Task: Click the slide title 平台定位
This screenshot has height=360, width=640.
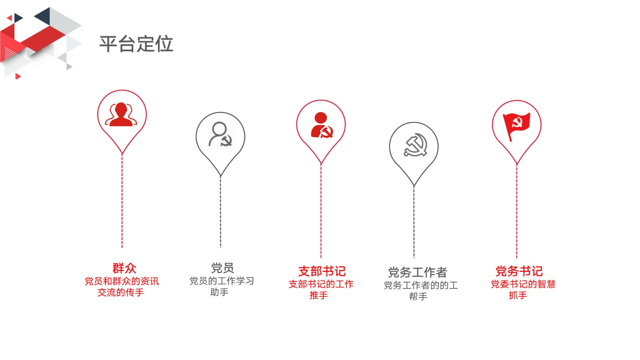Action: point(136,44)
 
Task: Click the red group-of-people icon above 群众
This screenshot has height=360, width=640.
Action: point(121,114)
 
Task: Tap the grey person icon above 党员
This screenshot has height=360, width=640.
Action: point(220,134)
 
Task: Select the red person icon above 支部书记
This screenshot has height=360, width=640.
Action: point(322,125)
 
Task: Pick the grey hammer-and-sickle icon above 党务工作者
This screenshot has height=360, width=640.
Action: point(416,145)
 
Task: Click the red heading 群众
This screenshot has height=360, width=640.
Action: point(124,268)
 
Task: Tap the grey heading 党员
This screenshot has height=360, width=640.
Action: point(222,268)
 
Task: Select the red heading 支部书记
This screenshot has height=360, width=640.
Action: point(322,271)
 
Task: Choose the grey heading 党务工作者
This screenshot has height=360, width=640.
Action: point(418,272)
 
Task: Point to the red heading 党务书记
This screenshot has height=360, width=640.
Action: point(519,271)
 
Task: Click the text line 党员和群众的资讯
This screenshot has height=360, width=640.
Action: point(122,282)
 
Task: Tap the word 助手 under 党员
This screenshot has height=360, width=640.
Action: point(220,292)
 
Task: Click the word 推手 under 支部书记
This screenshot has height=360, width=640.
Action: point(318,295)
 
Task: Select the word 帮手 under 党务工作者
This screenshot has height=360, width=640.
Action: point(418,296)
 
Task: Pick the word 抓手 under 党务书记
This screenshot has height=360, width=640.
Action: point(518,295)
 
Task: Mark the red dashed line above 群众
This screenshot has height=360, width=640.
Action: point(122,201)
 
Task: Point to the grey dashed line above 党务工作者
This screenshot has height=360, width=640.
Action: point(414,222)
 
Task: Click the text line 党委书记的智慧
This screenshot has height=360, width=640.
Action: point(523,284)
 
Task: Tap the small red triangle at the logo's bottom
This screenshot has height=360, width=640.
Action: point(18,76)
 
